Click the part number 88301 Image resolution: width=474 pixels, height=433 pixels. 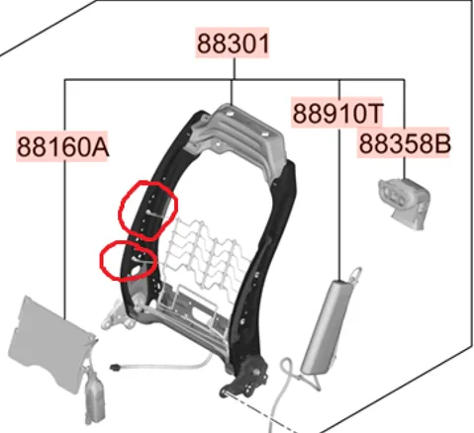(233, 43)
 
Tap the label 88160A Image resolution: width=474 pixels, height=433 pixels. (62, 147)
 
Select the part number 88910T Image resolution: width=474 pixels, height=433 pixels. (337, 113)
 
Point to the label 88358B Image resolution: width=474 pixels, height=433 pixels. (404, 143)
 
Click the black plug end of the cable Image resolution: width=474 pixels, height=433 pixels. (116, 366)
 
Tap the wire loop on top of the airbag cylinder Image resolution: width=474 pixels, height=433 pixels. (356, 275)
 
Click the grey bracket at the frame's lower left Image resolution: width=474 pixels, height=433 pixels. (117, 316)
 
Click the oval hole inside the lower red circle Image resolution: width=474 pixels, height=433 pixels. (136, 272)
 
